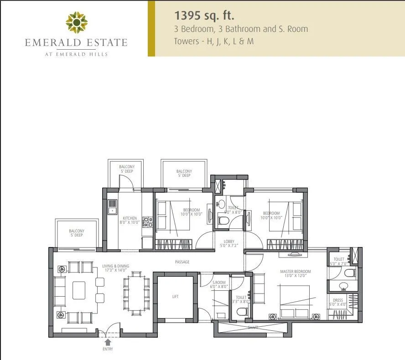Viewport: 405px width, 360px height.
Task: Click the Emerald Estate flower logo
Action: (x=76, y=22)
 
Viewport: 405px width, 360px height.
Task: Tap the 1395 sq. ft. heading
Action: (x=204, y=15)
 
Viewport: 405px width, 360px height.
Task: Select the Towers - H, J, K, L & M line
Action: (x=213, y=41)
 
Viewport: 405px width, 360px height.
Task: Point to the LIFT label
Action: (x=176, y=297)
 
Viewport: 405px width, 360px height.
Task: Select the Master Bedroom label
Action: (x=295, y=274)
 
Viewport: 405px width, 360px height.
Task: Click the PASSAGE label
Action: (x=182, y=262)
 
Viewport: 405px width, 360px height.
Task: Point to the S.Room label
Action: (x=219, y=284)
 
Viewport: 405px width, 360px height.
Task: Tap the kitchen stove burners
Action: (x=148, y=222)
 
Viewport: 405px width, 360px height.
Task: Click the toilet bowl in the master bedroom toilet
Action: (x=350, y=273)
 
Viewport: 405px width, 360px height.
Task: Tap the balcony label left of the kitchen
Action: (x=77, y=233)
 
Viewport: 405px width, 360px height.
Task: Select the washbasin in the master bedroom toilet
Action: (x=343, y=286)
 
